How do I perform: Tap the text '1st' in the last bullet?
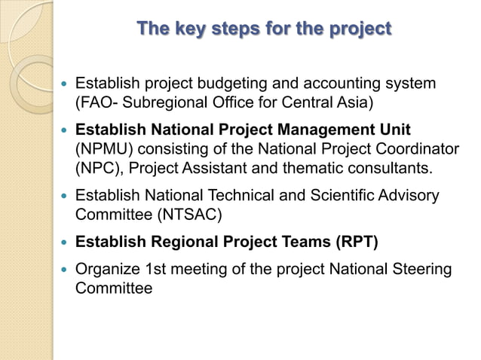[155, 270]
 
